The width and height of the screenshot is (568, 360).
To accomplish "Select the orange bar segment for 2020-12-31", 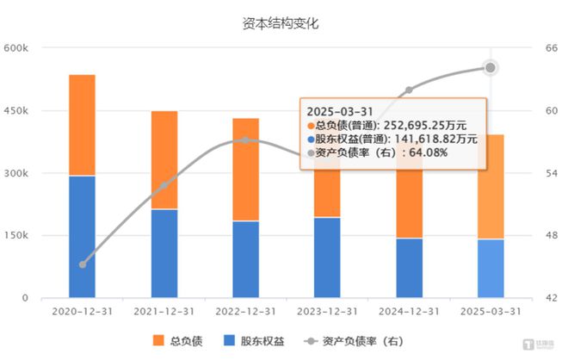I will click(x=82, y=125).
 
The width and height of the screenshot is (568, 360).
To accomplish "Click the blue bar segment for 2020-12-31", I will click(x=82, y=237).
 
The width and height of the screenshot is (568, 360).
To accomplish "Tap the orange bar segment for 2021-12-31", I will click(x=164, y=160).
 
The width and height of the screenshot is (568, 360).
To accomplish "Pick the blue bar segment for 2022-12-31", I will click(x=245, y=259).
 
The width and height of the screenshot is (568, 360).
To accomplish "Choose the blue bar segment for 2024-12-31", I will click(x=409, y=268).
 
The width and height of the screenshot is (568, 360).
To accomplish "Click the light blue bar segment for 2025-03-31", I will click(x=491, y=268).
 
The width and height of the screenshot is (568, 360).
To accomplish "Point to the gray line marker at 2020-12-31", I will click(x=83, y=264).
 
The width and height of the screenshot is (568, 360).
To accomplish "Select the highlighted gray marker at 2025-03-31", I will click(x=491, y=67).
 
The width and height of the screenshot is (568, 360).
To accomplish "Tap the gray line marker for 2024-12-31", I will click(x=409, y=90).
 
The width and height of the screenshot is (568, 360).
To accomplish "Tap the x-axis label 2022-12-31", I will click(x=245, y=311).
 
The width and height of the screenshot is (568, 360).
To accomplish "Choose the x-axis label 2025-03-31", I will click(x=491, y=311).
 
